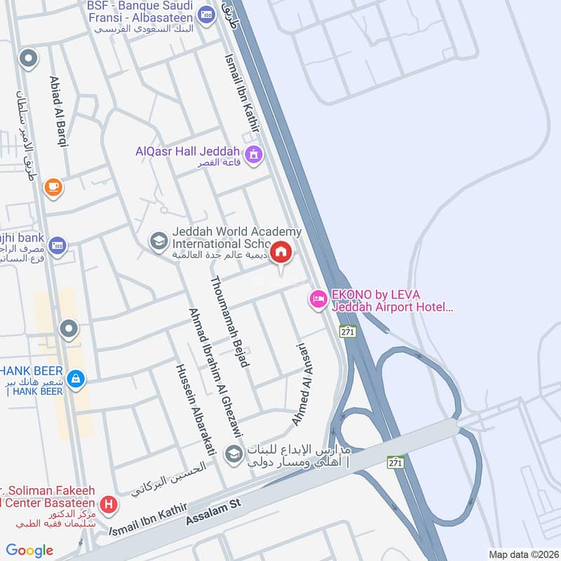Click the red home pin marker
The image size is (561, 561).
[x=280, y=252]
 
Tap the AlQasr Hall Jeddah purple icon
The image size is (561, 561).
[x=253, y=153]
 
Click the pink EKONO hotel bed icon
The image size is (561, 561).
[x=318, y=299]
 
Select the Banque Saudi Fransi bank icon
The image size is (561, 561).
[x=205, y=14]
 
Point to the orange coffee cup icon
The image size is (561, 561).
[x=53, y=187]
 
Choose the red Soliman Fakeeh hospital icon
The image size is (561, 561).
[x=108, y=503]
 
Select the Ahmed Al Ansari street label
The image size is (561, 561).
[x=304, y=384]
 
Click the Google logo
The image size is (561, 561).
[x=29, y=550]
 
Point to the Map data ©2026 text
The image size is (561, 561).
[x=522, y=555]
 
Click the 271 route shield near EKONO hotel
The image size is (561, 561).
[x=346, y=331]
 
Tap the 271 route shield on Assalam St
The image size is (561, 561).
[x=396, y=461]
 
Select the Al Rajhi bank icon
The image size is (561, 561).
[x=58, y=245]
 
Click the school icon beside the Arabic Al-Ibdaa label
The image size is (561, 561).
[x=232, y=454]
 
